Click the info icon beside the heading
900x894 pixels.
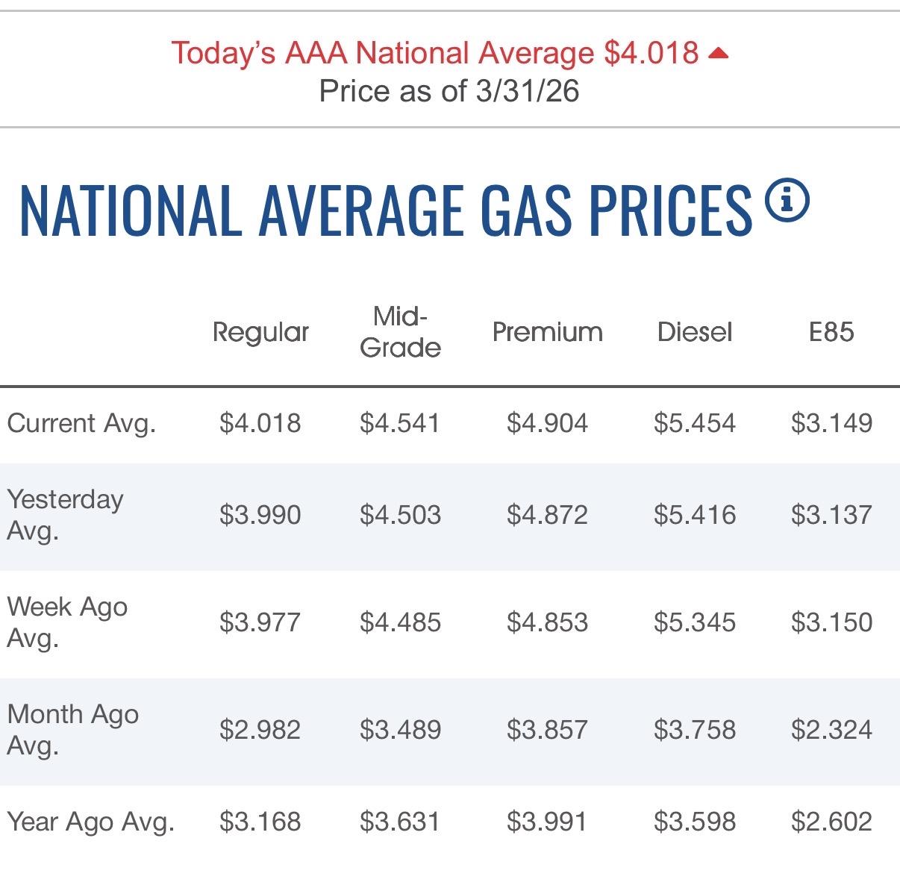787,201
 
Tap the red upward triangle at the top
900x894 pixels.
718,53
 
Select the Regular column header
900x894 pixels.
260,332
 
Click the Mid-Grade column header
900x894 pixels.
400,332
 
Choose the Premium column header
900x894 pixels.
547,332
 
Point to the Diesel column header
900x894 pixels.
695,332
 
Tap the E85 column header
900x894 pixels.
831,332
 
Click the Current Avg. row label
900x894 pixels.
81,423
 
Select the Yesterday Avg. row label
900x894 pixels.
65,515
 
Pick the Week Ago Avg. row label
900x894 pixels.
67,622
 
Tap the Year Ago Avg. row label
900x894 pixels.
90,822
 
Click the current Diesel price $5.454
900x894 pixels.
695,423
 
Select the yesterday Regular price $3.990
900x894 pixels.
260,515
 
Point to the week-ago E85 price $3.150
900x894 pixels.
831,622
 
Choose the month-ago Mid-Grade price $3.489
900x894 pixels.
400,729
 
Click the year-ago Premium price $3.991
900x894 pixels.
547,822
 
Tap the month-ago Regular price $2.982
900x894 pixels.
260,729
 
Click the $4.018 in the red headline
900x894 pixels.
651,53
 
